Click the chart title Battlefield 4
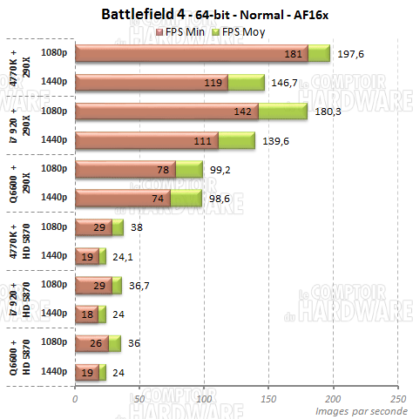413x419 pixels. (206, 14)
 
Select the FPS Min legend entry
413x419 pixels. (184, 31)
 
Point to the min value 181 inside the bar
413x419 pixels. (295, 54)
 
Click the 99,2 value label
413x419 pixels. (220, 169)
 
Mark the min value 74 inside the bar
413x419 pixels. (159, 198)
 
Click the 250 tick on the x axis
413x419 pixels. (396, 398)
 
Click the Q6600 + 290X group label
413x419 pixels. (18, 183)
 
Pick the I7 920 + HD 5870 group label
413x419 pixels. (18, 299)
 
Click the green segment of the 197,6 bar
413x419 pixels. (319, 54)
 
